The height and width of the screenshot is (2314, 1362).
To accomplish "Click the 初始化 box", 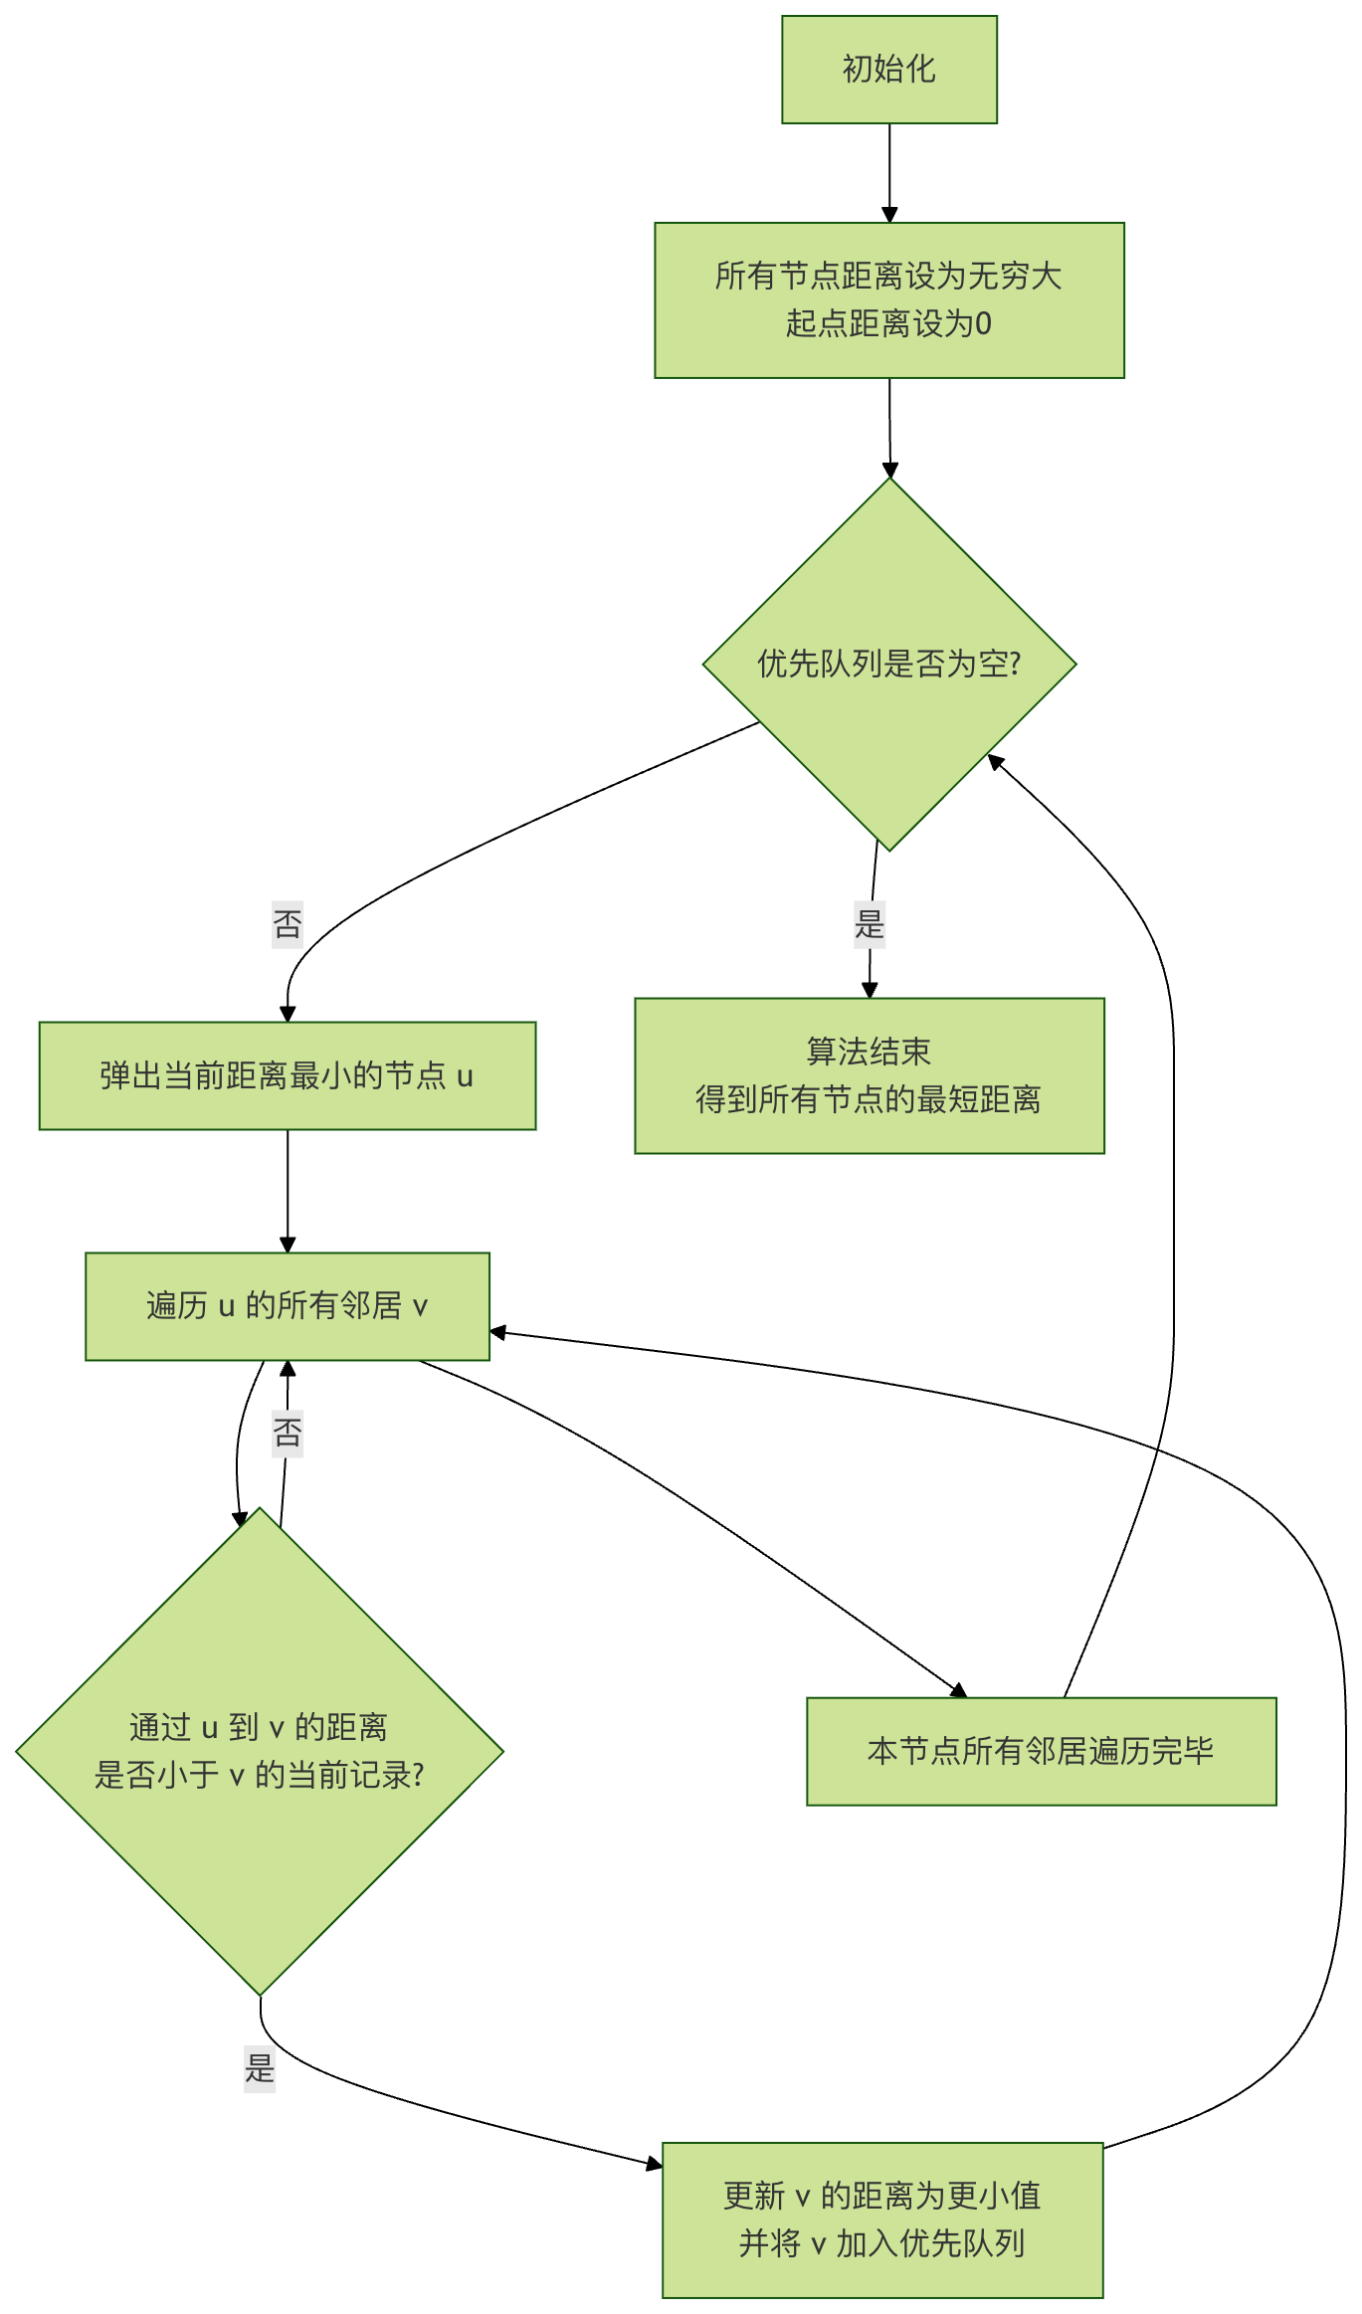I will coord(888,70).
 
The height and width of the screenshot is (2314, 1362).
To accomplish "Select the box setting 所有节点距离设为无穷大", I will coord(888,299).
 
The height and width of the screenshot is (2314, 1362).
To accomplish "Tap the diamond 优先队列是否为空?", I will coord(888,664).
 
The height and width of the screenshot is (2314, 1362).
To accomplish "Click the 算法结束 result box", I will coord(869,1075).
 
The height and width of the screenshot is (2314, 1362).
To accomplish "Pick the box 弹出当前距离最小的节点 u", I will coord(287,1075).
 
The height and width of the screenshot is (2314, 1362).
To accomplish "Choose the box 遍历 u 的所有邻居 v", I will coord(287,1305).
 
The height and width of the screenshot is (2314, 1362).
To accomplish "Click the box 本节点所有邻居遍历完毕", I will coord(1041,1751).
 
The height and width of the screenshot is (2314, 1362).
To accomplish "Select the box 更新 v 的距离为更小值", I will coord(882,2219).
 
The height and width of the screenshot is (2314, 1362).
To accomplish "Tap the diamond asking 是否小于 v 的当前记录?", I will coord(259,1751).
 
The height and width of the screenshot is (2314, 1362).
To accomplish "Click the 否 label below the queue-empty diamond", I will coord(288,924).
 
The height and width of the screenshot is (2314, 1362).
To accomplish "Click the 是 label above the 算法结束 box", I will coord(870,924).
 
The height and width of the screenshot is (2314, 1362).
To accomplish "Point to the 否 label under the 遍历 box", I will coord(288,1433).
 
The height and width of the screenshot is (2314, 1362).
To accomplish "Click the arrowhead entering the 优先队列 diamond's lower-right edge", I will coord(994,761).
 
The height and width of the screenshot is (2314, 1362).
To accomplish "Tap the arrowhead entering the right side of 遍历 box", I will coord(497,1332).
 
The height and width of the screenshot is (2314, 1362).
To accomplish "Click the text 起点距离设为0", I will coord(888,323).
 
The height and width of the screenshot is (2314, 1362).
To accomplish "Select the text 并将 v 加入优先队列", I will coord(882,2243).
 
